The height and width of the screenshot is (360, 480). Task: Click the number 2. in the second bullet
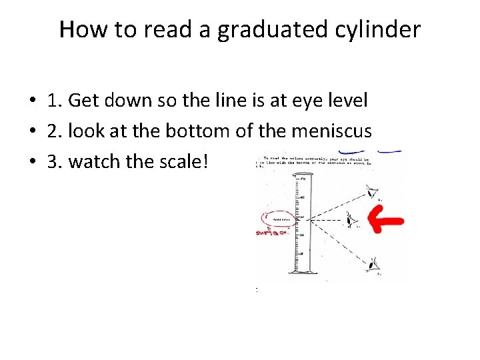click(x=55, y=132)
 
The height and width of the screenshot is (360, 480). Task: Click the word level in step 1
click(x=350, y=101)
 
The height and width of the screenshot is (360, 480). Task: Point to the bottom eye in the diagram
click(x=371, y=264)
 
